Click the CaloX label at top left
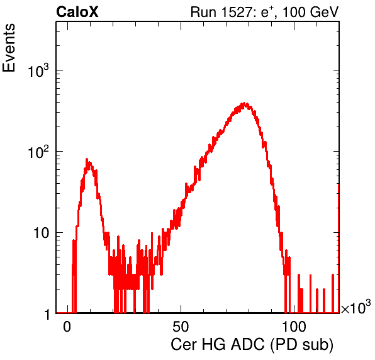coord(77,12)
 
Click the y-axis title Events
coord(9,48)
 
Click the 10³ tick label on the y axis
coord(38,70)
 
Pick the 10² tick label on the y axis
coord(38,152)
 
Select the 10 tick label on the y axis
coord(42,233)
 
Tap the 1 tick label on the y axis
coord(47,314)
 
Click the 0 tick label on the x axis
coord(67,327)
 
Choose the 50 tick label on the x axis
coord(181,327)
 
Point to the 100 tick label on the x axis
coord(294,327)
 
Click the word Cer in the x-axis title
coord(184,345)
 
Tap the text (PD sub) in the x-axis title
coord(302,345)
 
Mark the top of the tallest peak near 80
coord(244,103)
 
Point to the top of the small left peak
coord(87,159)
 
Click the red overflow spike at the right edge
coord(338,249)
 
